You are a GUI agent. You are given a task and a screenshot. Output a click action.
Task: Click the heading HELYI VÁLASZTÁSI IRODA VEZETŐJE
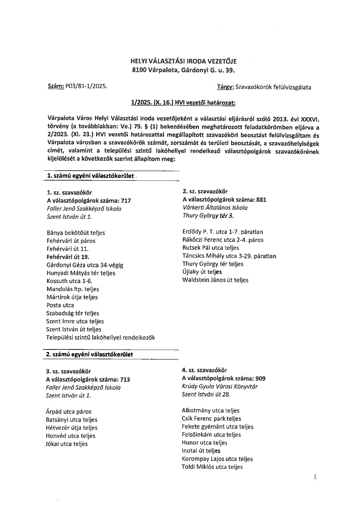pyautogui.click(x=183, y=61)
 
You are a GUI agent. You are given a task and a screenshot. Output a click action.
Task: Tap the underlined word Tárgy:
pyautogui.click(x=226, y=87)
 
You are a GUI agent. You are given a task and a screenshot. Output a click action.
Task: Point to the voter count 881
pyautogui.click(x=261, y=200)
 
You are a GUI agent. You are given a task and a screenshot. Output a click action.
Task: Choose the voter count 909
pyautogui.click(x=260, y=378)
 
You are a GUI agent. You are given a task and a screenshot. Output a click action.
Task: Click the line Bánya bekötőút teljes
pyautogui.click(x=75, y=233)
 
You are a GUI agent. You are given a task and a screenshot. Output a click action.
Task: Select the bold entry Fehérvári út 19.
pyautogui.click(x=68, y=257)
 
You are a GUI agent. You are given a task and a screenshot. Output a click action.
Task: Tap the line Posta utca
pyautogui.click(x=60, y=305)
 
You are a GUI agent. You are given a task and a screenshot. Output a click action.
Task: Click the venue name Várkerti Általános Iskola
pyautogui.click(x=215, y=207)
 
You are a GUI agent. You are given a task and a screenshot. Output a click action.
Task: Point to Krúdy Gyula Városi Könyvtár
pyautogui.click(x=219, y=387)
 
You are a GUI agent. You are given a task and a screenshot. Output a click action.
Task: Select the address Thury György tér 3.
pyautogui.click(x=208, y=216)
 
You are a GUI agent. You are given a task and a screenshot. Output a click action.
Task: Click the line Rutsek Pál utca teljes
pyautogui.click(x=210, y=248)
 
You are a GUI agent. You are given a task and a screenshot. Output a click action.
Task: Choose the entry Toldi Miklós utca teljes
pyautogui.click(x=212, y=467)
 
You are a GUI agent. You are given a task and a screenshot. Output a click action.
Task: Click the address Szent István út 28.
pyautogui.click(x=206, y=394)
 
